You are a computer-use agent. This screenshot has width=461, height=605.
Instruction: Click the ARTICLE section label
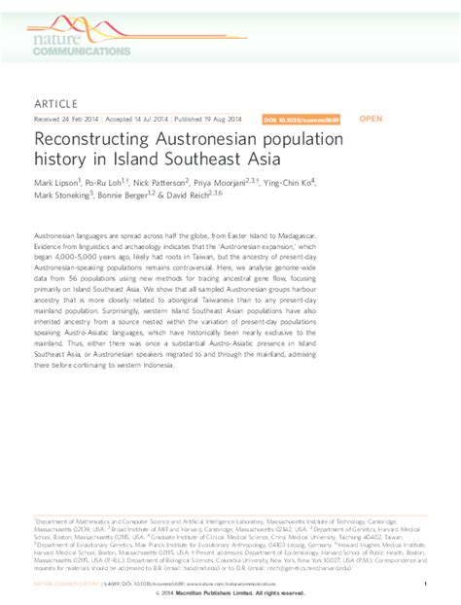(56, 102)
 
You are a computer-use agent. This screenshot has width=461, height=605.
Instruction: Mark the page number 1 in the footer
(426, 584)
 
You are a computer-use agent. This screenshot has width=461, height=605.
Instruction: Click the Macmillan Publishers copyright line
(230, 593)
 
